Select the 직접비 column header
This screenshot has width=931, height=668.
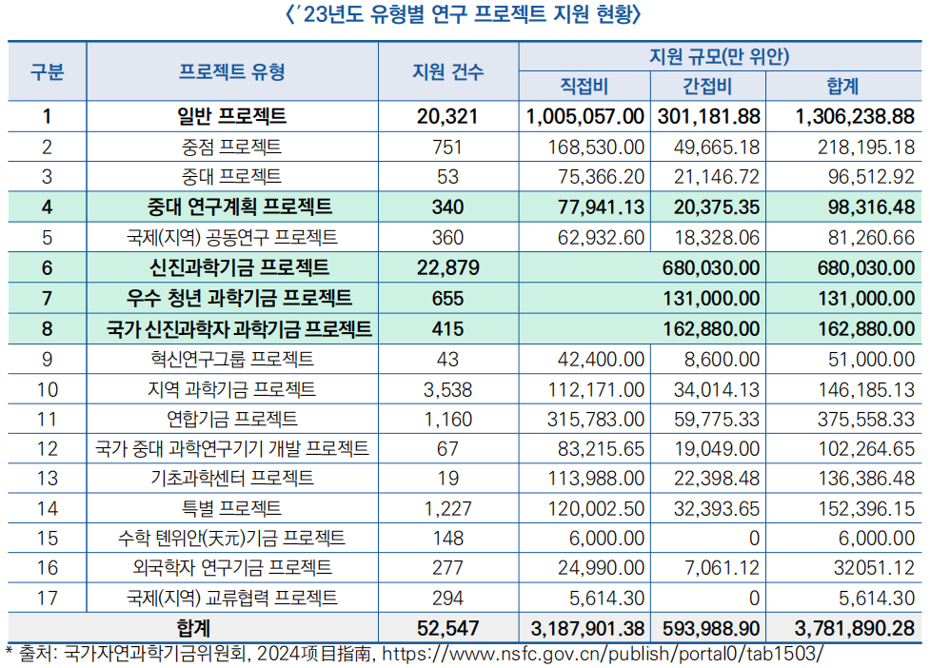pyautogui.click(x=584, y=87)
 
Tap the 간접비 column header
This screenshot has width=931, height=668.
pyautogui.click(x=707, y=87)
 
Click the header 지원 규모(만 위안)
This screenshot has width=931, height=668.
pyautogui.click(x=719, y=56)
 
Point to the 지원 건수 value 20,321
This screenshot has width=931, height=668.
pyautogui.click(x=446, y=117)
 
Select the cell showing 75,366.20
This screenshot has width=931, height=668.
pyautogui.click(x=598, y=177)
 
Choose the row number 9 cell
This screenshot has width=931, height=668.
pyautogui.click(x=47, y=359)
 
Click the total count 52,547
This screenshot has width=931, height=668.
pyautogui.click(x=447, y=629)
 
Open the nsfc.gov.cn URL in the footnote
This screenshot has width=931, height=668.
pyautogui.click(x=589, y=654)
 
